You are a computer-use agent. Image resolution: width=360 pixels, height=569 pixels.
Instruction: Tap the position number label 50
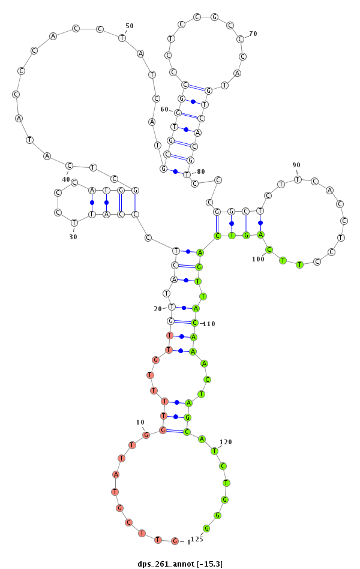coord(130,26)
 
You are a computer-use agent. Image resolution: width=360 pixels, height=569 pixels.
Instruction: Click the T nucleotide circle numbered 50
coord(122,38)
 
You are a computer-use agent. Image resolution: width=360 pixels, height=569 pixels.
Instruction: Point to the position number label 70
coord(253,34)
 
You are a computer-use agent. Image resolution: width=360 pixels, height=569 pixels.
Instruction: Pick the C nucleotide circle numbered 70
coord(240,40)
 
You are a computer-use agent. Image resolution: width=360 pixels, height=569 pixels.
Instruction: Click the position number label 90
coord(296,165)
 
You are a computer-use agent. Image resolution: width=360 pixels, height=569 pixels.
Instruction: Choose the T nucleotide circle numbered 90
coord(297,179)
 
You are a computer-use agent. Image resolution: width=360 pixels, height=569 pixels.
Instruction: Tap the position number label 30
coord(73,237)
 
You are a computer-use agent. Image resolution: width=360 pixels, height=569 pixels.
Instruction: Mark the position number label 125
coord(197,539)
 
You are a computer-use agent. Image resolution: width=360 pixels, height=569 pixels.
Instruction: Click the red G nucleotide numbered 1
coord(175,541)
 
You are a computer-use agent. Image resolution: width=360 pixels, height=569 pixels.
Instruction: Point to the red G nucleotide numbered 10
coord(145,435)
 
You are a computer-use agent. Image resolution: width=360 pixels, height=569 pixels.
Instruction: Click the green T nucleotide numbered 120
coord(214,451)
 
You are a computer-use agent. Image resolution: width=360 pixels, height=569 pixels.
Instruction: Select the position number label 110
coord(209,324)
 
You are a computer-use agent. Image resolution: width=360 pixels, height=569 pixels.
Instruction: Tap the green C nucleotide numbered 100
coord(269,249)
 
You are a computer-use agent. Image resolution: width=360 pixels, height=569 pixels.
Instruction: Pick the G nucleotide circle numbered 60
coord(178,112)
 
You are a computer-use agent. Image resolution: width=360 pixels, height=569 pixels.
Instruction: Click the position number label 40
coord(66,179)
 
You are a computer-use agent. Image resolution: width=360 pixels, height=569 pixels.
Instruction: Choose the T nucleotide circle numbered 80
coord(187,174)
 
